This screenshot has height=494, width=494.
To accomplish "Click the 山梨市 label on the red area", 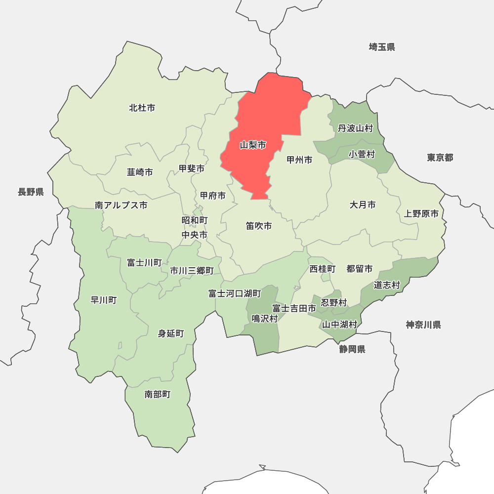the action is (253, 145).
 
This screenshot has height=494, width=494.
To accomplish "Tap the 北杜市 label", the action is (142, 108).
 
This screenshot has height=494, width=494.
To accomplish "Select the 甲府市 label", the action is (213, 196).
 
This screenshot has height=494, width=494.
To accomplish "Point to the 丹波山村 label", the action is (355, 129).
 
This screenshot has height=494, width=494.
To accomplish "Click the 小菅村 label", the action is (362, 155).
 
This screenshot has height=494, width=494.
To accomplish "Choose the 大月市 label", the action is (363, 205).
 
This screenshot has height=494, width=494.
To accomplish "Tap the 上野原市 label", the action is (421, 214).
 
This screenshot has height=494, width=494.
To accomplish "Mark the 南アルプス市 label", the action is (121, 206).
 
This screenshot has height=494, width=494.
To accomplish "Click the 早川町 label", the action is (104, 300).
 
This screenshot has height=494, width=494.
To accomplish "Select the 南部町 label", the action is (158, 394).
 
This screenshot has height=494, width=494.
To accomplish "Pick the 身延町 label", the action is (171, 334).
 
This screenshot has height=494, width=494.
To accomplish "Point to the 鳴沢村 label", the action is (265, 319).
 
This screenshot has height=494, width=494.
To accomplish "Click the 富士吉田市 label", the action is (294, 308).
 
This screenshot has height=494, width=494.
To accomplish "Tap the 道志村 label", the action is (387, 285).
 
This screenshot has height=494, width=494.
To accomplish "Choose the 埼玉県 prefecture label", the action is (382, 47).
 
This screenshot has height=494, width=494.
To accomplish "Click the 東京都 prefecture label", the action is (440, 158).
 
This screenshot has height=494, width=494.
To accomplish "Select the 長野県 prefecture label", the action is (31, 192).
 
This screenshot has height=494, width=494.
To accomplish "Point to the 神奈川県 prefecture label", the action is (423, 325).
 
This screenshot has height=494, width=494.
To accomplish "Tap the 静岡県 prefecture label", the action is (352, 350).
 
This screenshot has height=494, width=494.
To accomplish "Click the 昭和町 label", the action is (195, 220).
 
